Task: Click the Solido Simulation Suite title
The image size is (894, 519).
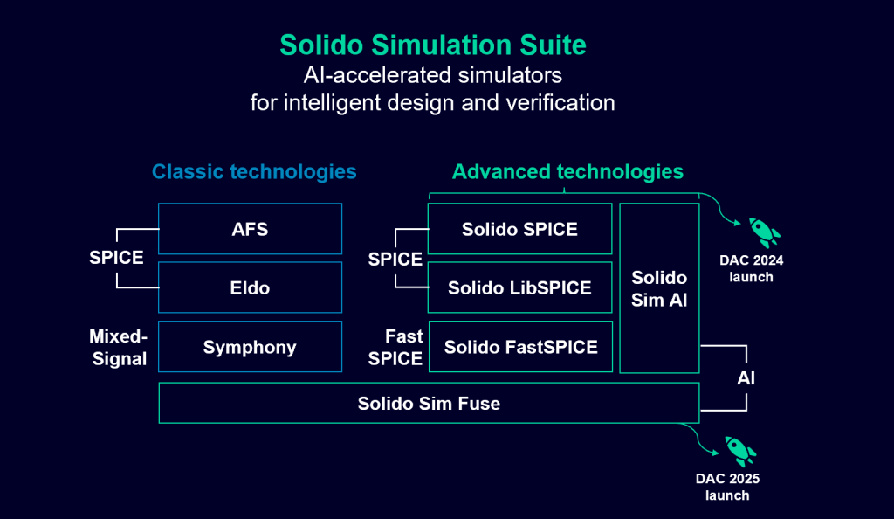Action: tap(433, 45)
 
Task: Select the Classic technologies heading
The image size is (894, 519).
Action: tap(254, 171)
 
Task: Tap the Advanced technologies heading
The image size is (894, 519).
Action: tap(567, 171)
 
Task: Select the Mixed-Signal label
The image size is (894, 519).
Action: tap(119, 348)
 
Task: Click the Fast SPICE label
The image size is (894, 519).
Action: tap(395, 348)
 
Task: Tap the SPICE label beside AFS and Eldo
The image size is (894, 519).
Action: tap(116, 258)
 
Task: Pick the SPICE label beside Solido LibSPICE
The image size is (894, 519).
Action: tap(395, 259)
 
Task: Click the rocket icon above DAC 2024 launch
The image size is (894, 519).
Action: tap(764, 232)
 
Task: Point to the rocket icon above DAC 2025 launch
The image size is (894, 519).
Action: tap(740, 451)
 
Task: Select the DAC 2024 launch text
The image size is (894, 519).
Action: tap(752, 268)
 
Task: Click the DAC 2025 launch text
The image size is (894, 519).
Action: tap(727, 487)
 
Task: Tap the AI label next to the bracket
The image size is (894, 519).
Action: tap(746, 378)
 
